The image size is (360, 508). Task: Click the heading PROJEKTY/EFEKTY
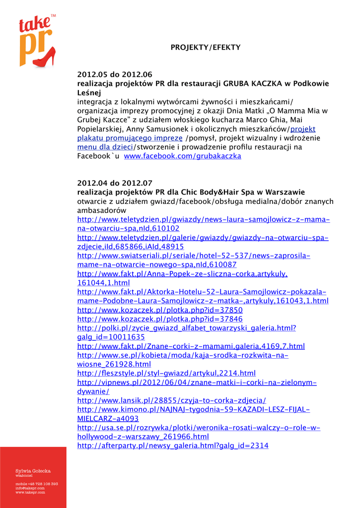[x=205, y=48]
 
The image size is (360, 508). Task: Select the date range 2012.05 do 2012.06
[x=115, y=75]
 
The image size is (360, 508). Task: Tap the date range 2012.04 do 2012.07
[x=115, y=183]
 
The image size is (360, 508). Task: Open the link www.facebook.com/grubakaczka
[x=182, y=156]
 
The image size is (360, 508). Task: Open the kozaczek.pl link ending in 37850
[x=160, y=310]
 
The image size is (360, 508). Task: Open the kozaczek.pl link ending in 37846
[x=160, y=319]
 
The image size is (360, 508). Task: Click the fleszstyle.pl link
[x=166, y=373]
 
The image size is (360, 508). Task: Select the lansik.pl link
[x=172, y=400]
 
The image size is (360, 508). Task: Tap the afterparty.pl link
[x=173, y=446]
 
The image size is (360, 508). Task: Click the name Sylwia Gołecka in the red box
[x=33, y=471]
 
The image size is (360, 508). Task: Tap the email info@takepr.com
[x=30, y=488]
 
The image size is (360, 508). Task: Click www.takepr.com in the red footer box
[x=30, y=493]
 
